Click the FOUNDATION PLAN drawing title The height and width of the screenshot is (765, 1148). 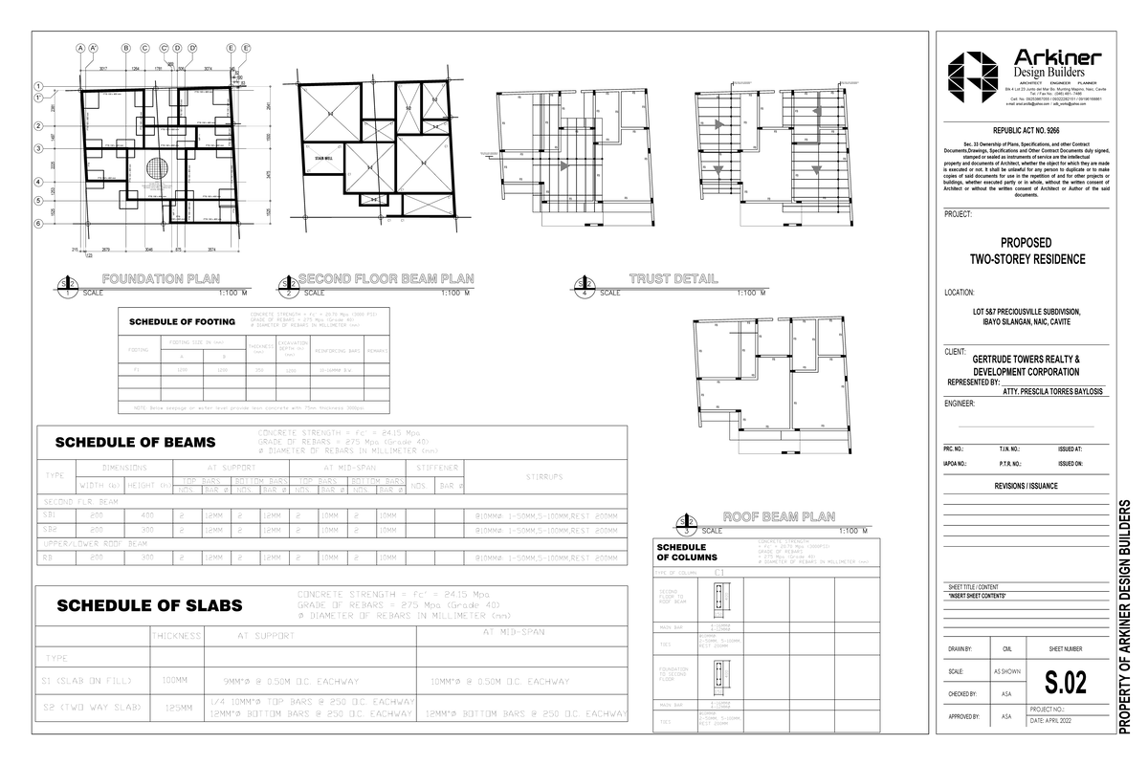[164, 279]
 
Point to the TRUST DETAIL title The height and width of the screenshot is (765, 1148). [673, 279]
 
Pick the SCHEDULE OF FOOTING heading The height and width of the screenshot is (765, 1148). [181, 320]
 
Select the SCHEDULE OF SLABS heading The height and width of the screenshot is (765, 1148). [149, 605]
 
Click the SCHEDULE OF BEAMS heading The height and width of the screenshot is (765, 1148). [135, 442]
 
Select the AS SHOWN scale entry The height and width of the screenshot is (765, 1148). [1006, 672]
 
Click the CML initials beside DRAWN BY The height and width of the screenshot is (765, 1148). [1006, 649]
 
